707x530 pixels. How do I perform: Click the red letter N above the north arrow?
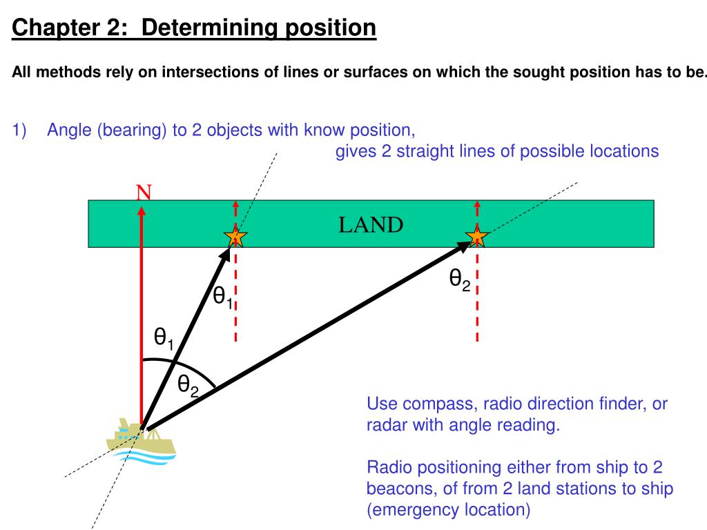click(144, 193)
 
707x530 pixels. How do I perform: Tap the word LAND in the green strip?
click(371, 225)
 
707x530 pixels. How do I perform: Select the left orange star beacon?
click(235, 236)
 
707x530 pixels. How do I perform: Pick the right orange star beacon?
click(477, 236)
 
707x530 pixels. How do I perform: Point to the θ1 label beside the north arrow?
click(163, 338)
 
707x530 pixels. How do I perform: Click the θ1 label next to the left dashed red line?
click(223, 297)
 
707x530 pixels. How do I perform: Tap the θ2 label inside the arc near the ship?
click(188, 386)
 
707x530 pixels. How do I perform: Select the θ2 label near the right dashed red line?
click(460, 279)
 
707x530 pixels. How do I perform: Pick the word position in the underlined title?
click(331, 28)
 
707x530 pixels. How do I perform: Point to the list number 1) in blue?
click(19, 130)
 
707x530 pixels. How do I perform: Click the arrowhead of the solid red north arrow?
click(142, 211)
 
